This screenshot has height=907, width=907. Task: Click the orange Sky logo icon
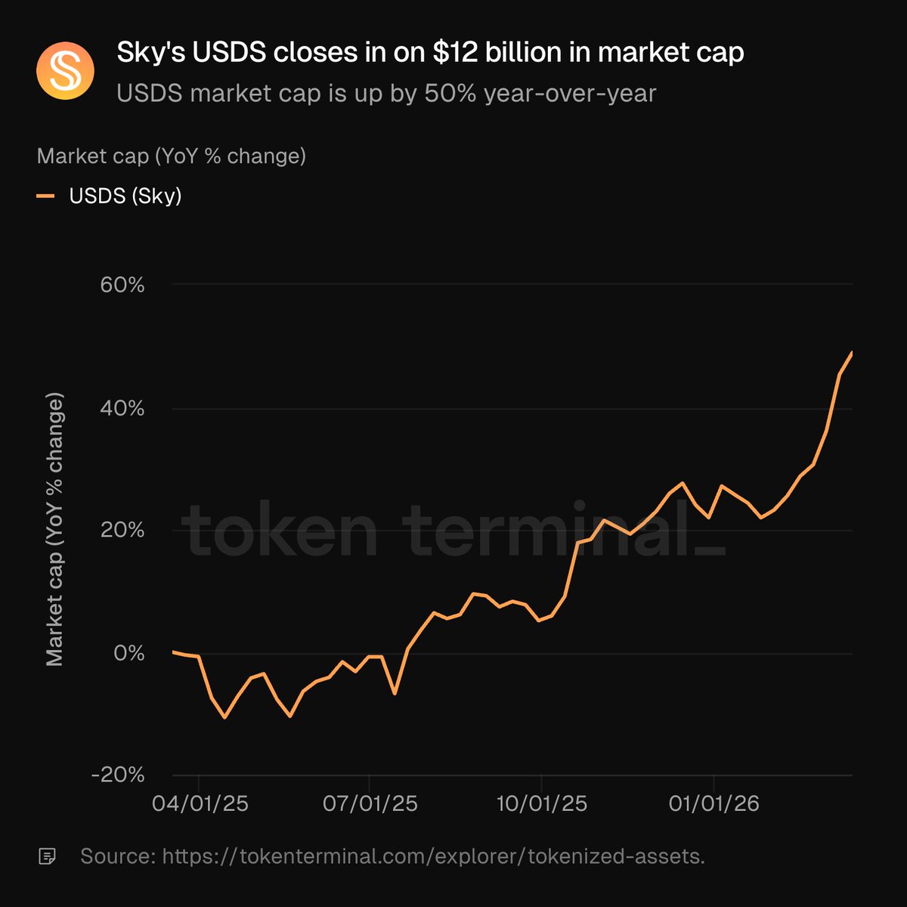65,71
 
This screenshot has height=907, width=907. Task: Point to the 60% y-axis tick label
122,285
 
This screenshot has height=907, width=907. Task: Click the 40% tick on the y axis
122,408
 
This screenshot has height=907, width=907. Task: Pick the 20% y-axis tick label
122,531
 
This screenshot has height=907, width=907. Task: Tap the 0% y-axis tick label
128,653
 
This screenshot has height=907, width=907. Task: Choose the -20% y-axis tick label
117,775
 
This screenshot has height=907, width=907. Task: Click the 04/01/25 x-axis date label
200,803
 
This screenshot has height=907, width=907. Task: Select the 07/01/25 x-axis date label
370,803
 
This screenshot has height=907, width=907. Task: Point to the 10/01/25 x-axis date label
541,803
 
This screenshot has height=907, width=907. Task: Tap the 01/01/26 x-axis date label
714,803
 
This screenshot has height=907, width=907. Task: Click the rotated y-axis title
54,529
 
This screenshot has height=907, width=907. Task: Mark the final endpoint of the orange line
852,352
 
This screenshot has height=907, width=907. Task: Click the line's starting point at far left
173,652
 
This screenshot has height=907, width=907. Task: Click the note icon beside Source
47,856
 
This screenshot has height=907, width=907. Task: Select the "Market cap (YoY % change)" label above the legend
172,156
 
